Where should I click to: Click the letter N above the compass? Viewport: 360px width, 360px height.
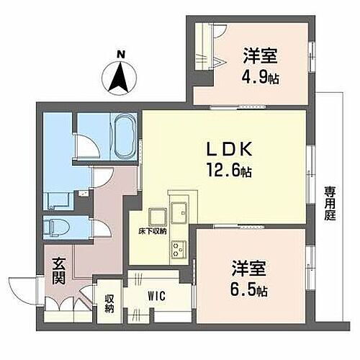[121, 53]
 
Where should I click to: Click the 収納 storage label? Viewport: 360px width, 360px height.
[109, 303]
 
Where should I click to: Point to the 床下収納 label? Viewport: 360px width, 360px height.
[153, 232]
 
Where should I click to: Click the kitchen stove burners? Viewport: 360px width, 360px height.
[178, 248]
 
